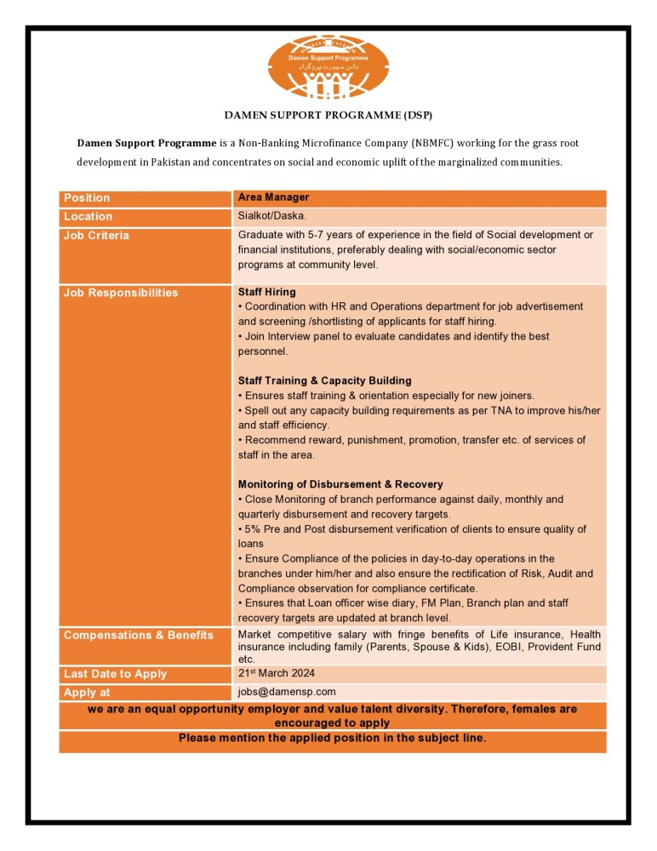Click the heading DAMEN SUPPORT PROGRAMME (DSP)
coord(328,114)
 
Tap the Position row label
coord(87,198)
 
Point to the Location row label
coord(88,217)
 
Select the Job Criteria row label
coord(96,236)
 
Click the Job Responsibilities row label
coord(121,293)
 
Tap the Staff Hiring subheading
coord(267,292)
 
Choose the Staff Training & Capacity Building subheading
coord(324,380)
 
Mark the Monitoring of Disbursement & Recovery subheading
coord(340,484)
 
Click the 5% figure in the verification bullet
coord(253,529)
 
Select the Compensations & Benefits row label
coord(139,636)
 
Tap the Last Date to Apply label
coord(115,674)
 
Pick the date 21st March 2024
coord(277,673)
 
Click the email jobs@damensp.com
coord(287,692)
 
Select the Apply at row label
coord(87,693)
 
